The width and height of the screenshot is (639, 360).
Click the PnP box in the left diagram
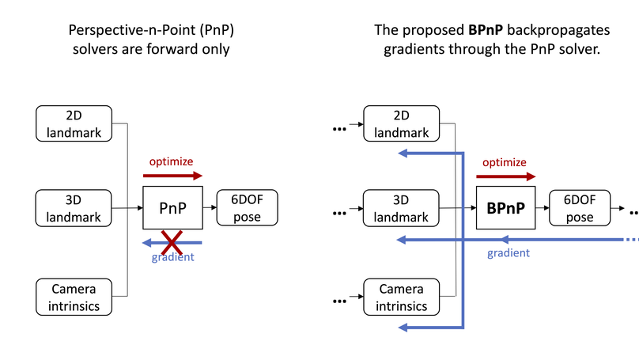pyautogui.click(x=172, y=208)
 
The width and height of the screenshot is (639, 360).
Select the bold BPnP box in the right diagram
pyautogui.click(x=506, y=208)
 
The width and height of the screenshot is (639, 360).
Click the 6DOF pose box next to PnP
pyautogui.click(x=248, y=208)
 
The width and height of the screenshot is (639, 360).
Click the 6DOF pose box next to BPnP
pyautogui.click(x=580, y=208)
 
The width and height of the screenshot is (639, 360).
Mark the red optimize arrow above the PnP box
pyautogui.click(x=172, y=176)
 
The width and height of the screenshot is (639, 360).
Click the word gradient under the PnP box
pyautogui.click(x=172, y=257)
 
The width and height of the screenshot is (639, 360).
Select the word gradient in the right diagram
pyautogui.click(x=508, y=253)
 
